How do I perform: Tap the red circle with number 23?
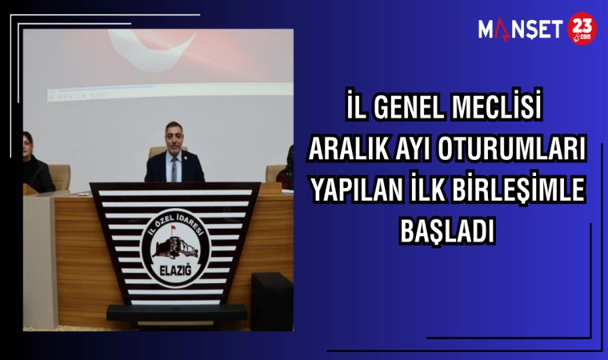582,30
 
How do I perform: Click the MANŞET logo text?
521,30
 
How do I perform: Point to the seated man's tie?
174,166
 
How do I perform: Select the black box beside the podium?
271,300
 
